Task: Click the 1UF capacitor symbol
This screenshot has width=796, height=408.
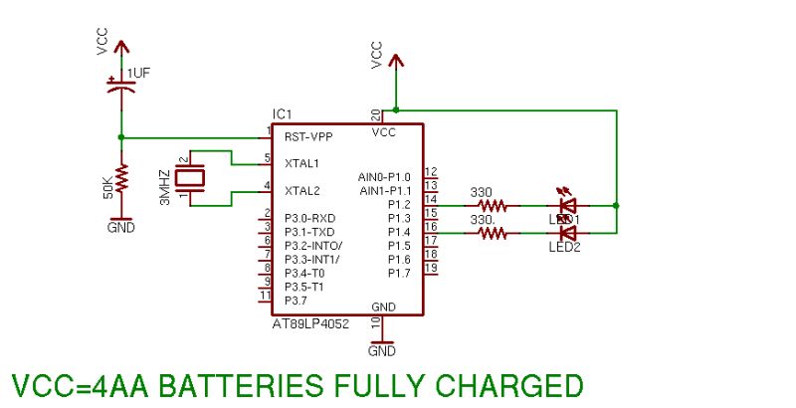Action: (x=120, y=87)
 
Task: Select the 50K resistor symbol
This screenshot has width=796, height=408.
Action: (x=120, y=179)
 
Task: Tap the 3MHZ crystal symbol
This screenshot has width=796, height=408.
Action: (x=190, y=178)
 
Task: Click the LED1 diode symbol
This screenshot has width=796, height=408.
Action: (x=568, y=206)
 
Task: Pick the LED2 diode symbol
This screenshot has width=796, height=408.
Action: (x=568, y=234)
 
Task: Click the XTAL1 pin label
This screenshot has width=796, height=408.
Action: (x=301, y=162)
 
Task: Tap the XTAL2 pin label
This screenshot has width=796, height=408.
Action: (x=301, y=190)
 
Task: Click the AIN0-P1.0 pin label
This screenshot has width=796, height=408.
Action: (x=384, y=176)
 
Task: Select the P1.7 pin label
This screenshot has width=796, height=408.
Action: (x=399, y=273)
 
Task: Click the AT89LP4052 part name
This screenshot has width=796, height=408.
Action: (x=310, y=324)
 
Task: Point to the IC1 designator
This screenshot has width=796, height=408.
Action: (x=282, y=114)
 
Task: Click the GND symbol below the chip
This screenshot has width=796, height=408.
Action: (x=382, y=345)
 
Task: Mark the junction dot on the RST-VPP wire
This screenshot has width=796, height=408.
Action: (x=120, y=137)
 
